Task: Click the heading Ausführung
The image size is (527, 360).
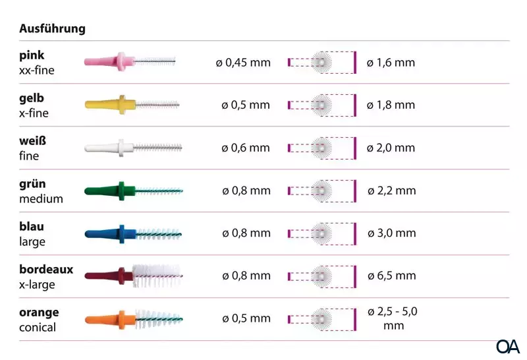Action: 52,29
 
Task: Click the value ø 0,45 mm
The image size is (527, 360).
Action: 243,63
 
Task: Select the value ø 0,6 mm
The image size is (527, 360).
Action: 246,148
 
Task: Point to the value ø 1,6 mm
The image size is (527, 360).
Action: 391,63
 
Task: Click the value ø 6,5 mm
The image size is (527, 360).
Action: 391,276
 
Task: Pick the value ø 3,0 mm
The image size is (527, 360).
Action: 391,233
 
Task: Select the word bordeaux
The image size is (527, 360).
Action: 46,270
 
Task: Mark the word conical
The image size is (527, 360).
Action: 38,328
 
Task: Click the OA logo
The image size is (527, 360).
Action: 508,346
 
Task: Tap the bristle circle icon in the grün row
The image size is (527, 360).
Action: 321,191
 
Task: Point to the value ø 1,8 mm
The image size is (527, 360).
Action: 391,105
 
